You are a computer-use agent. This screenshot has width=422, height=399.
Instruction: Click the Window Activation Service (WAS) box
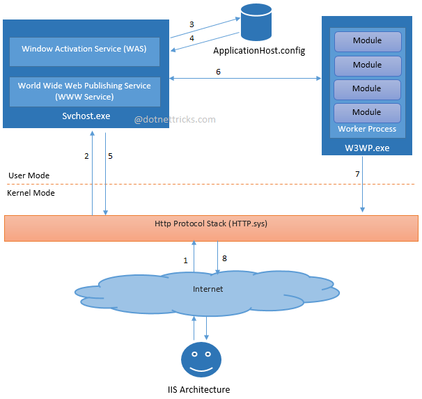coord(84,49)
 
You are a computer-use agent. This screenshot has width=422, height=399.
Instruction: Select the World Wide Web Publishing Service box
coord(84,91)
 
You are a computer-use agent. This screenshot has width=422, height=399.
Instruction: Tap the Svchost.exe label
coord(86,116)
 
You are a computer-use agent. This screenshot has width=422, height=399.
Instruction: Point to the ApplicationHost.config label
coord(259,51)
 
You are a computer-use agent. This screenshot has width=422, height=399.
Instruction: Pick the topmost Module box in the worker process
coord(367,41)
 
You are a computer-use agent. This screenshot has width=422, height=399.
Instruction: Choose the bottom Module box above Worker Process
coord(367,112)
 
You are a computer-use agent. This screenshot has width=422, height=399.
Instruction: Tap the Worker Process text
coord(367,129)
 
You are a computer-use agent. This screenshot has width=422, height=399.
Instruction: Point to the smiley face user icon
coord(201,359)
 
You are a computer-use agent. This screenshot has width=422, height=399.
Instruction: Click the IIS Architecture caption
coord(198,390)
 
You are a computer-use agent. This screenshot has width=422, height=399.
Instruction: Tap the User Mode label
coord(29,175)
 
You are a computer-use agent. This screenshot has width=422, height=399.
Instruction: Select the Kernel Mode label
coord(31,193)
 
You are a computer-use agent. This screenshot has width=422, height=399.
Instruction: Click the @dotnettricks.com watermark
coord(175,120)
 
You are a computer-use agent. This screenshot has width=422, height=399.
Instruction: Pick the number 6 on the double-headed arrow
coord(218,72)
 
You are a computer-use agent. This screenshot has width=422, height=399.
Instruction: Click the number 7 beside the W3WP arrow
coord(357,173)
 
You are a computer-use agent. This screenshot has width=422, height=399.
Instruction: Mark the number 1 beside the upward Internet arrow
coord(185,260)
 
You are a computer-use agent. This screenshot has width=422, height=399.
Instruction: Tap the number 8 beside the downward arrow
coord(224,258)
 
